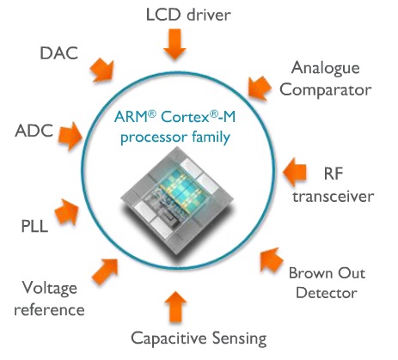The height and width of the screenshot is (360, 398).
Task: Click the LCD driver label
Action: coord(188,15)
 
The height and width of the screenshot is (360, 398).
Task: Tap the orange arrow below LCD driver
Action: coord(175,44)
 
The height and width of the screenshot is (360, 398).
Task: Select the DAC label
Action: coord(59,53)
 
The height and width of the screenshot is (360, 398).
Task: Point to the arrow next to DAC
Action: coord(102,70)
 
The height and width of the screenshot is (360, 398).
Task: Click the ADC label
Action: coord(34,131)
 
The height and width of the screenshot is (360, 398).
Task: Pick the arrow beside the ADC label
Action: coord(70,136)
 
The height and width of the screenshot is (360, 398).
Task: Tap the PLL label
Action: coord(34,226)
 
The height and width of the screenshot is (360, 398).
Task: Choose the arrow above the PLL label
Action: coord(67,211)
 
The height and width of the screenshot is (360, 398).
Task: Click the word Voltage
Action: coord(50,288)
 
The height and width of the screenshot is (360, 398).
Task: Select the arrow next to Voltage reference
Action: coord(106,271)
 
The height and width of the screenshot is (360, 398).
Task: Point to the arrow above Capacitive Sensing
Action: coord(175,307)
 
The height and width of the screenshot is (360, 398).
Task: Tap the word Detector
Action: coord(327,293)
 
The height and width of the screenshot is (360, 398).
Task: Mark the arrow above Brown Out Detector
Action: coord(271,260)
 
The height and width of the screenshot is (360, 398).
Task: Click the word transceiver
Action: coord(334,197)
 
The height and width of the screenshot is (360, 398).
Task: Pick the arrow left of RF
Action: coord(295,173)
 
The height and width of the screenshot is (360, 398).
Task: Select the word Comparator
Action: coord(326,90)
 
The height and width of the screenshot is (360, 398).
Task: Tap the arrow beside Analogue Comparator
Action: coord(260,88)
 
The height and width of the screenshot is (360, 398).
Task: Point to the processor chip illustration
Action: coord(177,200)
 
